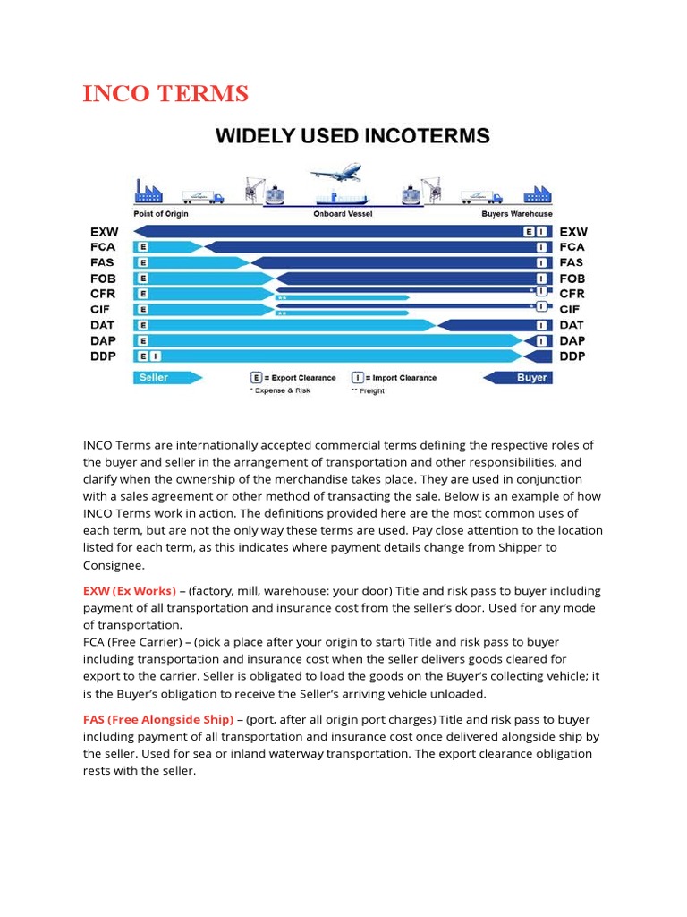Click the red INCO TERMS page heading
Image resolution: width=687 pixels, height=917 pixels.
point(165,94)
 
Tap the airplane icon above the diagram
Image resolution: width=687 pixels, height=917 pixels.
point(335,171)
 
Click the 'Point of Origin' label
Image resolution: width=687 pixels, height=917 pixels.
point(161,214)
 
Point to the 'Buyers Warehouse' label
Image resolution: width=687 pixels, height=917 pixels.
point(518,214)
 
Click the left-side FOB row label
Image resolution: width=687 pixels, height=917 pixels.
point(103,279)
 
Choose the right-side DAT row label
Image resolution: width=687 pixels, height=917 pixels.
point(572,325)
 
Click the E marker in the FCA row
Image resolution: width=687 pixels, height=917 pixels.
point(143,247)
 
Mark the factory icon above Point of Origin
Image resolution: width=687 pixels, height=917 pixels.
point(148,191)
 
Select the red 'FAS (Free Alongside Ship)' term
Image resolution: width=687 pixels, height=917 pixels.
point(158,720)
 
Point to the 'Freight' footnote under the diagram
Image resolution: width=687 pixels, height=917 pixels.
point(371,391)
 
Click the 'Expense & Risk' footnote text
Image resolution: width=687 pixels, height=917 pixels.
point(282,391)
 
